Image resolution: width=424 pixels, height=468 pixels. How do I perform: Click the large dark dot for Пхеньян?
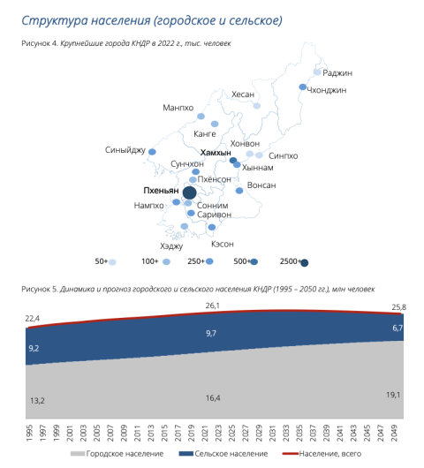(x=189, y=192)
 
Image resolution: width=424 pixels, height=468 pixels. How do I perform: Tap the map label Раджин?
(x=337, y=73)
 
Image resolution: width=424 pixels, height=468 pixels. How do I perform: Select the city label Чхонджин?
(x=327, y=90)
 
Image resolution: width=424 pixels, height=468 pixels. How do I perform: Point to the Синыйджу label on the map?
(x=125, y=150)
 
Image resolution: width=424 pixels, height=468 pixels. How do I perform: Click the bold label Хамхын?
(x=216, y=153)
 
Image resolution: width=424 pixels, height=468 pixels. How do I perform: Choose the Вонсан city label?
(x=261, y=185)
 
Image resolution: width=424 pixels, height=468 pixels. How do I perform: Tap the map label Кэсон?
(x=223, y=244)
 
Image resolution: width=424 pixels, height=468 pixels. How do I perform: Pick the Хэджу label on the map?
(x=171, y=246)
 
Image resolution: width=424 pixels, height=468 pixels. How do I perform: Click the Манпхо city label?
(x=178, y=108)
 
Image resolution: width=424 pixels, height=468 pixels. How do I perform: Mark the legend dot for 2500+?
(x=305, y=263)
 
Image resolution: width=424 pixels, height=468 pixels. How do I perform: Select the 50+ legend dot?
(x=112, y=262)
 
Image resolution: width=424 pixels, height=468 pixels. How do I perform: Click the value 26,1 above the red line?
(x=213, y=306)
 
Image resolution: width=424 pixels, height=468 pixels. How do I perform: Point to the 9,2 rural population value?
(x=34, y=348)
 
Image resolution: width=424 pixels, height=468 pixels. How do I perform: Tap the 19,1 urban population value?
(x=393, y=395)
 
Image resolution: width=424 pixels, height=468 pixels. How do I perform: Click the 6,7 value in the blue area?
(x=397, y=328)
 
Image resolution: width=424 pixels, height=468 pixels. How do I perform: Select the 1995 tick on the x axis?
(x=30, y=433)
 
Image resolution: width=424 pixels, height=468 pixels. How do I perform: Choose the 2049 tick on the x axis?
(x=395, y=433)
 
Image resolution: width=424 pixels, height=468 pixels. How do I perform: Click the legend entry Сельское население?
(x=223, y=454)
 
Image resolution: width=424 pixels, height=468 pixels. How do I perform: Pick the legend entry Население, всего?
(x=322, y=454)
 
